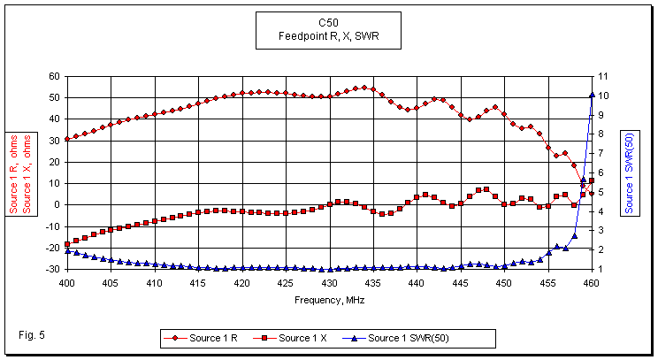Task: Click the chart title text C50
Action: point(328,23)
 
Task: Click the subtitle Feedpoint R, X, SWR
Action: point(328,37)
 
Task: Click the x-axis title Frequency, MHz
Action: point(329,300)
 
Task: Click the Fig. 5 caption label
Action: point(32,333)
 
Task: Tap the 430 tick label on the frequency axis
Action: point(329,283)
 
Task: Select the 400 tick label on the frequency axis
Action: point(66,283)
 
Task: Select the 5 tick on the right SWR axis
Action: point(602,192)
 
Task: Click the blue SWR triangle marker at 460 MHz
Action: point(592,95)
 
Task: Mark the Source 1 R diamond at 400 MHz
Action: point(67,139)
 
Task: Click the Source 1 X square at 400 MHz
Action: point(67,243)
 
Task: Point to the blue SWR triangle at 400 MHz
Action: point(67,251)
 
